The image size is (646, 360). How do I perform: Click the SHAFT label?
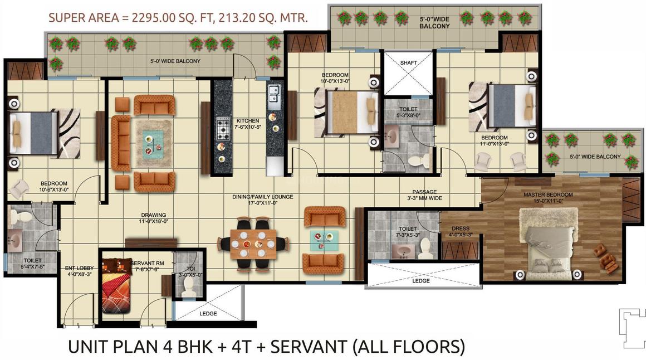point(408,62)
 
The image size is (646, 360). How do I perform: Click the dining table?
point(252,244)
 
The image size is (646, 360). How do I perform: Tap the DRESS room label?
point(461,231)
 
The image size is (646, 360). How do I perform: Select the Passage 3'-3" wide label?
point(424,194)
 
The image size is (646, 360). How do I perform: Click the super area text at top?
point(178,17)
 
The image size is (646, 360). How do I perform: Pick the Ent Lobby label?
point(79,271)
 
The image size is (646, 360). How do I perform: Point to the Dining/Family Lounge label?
point(262,200)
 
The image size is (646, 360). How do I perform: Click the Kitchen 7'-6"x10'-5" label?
point(248,124)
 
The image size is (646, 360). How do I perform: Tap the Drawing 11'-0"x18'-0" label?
point(154,218)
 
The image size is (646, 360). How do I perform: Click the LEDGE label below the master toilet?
point(420,280)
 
